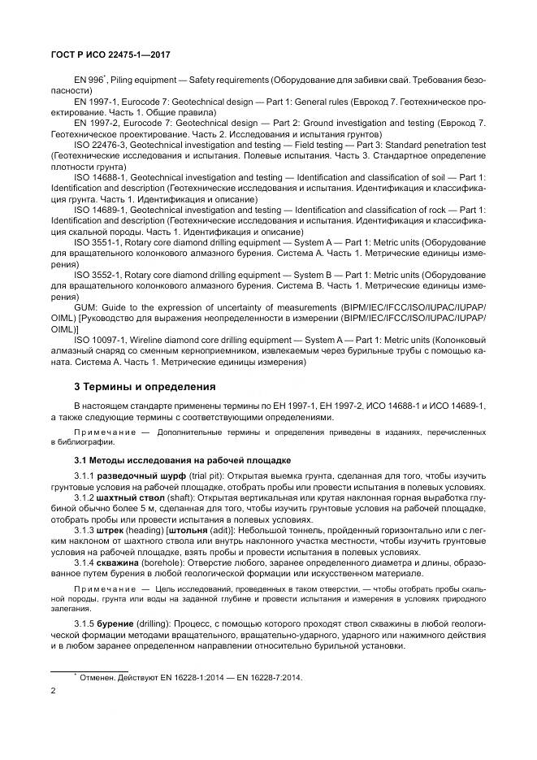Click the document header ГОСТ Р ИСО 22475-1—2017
coord(110,56)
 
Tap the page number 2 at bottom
coord(53,691)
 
